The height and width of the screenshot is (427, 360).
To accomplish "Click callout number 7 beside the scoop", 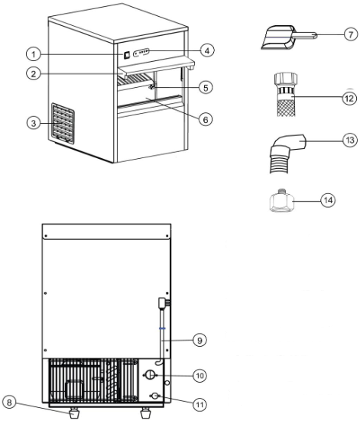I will click(348, 34).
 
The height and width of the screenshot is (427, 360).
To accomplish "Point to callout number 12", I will click(348, 99).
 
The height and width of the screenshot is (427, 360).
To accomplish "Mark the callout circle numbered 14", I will click(348, 202).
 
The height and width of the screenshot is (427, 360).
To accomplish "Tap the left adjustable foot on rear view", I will click(76, 415).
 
